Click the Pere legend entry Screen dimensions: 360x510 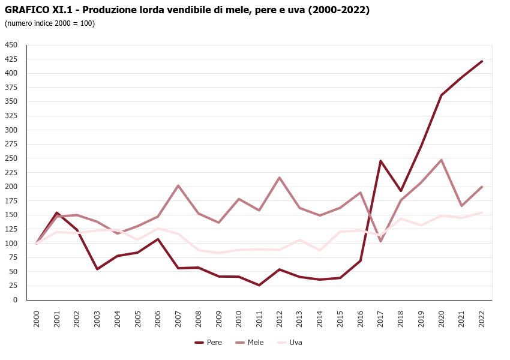[209, 343]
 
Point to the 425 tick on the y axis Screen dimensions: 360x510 [11, 59]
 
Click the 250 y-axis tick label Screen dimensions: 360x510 [11, 158]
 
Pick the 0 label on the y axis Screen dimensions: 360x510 [16, 300]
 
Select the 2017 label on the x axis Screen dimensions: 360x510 [380, 318]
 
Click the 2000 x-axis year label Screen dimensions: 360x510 [37, 318]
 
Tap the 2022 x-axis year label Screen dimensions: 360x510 [482, 318]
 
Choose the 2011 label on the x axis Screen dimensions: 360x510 [259, 318]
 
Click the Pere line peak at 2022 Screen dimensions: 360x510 [482, 61]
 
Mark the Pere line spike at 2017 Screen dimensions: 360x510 [380, 161]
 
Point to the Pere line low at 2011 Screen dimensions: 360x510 [259, 285]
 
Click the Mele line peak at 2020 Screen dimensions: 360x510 [441, 160]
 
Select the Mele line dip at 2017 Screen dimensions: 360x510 [380, 241]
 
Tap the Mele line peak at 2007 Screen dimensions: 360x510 [178, 185]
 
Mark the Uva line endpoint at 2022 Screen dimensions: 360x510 [482, 212]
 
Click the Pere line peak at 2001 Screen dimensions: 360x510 [57, 212]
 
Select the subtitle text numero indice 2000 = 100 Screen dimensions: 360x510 [50, 23]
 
